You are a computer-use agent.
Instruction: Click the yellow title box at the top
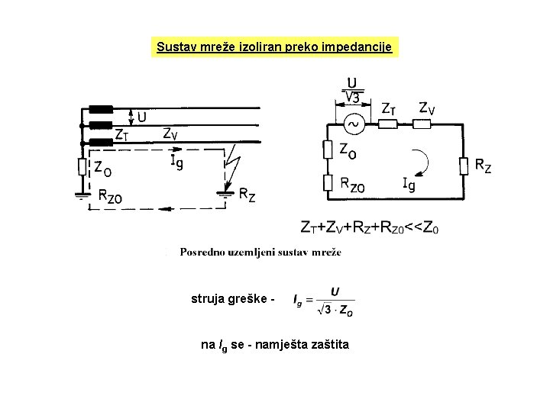click(x=274, y=47)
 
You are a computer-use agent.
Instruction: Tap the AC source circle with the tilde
click(x=354, y=123)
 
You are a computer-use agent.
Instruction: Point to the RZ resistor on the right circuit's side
click(x=463, y=165)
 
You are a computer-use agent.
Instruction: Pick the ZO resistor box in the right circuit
click(x=326, y=150)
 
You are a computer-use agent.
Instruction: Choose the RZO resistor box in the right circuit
click(x=326, y=183)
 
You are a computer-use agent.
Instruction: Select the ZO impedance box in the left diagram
click(x=81, y=166)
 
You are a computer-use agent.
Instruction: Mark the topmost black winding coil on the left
click(x=101, y=109)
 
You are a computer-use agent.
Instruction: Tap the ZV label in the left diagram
click(x=171, y=134)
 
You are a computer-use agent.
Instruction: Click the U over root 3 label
click(x=352, y=89)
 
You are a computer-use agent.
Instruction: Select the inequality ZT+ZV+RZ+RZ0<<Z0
click(x=370, y=227)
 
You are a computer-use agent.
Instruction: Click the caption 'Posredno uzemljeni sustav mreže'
click(x=260, y=252)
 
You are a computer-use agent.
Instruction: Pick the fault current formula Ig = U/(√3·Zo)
click(x=324, y=299)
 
